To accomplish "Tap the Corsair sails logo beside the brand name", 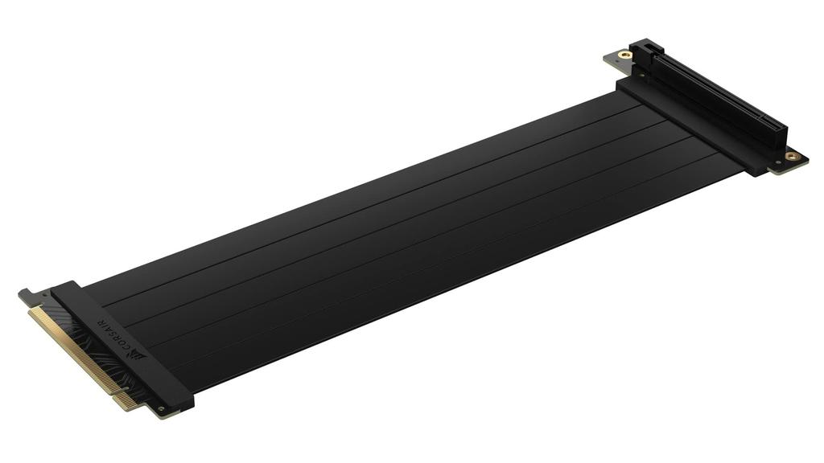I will (x=143, y=353).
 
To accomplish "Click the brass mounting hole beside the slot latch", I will (x=624, y=55).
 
